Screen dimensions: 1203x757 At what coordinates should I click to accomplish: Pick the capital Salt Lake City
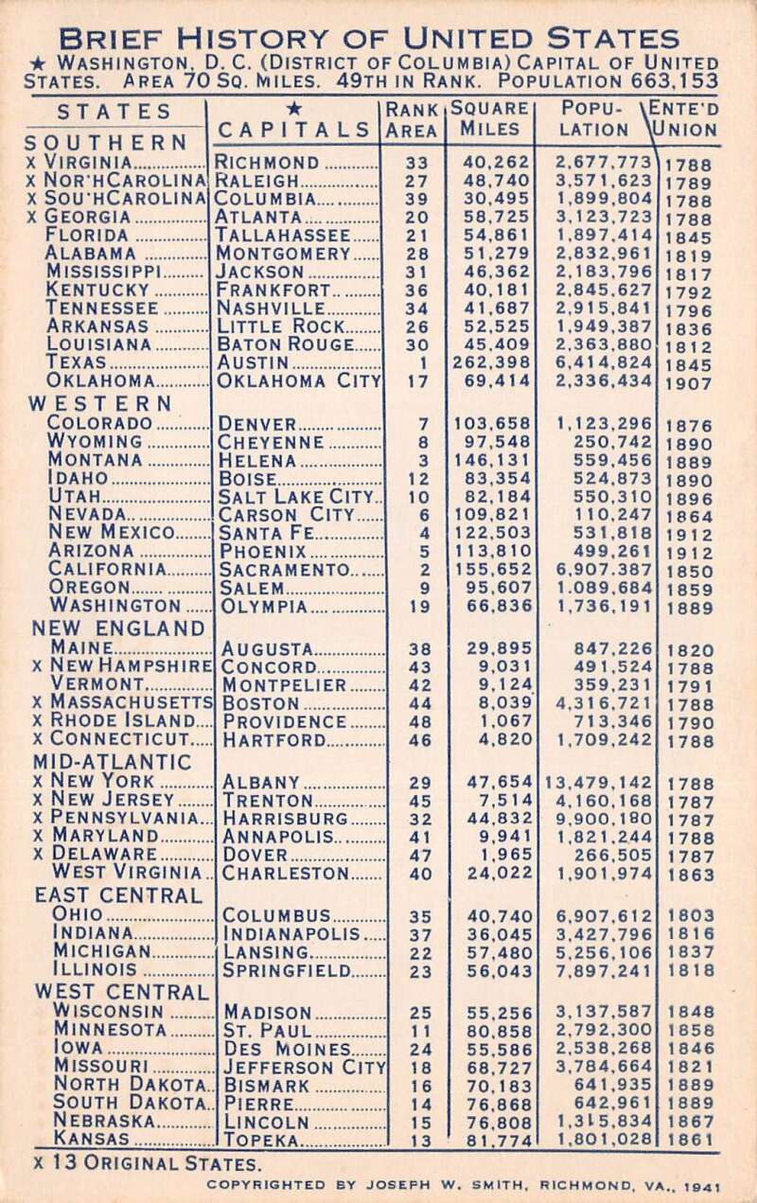[296, 496]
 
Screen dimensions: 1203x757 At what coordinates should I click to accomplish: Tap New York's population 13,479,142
[598, 783]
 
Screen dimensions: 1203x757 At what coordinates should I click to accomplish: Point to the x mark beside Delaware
[37, 854]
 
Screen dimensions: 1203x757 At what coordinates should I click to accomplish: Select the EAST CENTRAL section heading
[118, 894]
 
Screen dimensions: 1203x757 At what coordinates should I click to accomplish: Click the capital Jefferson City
[306, 1068]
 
